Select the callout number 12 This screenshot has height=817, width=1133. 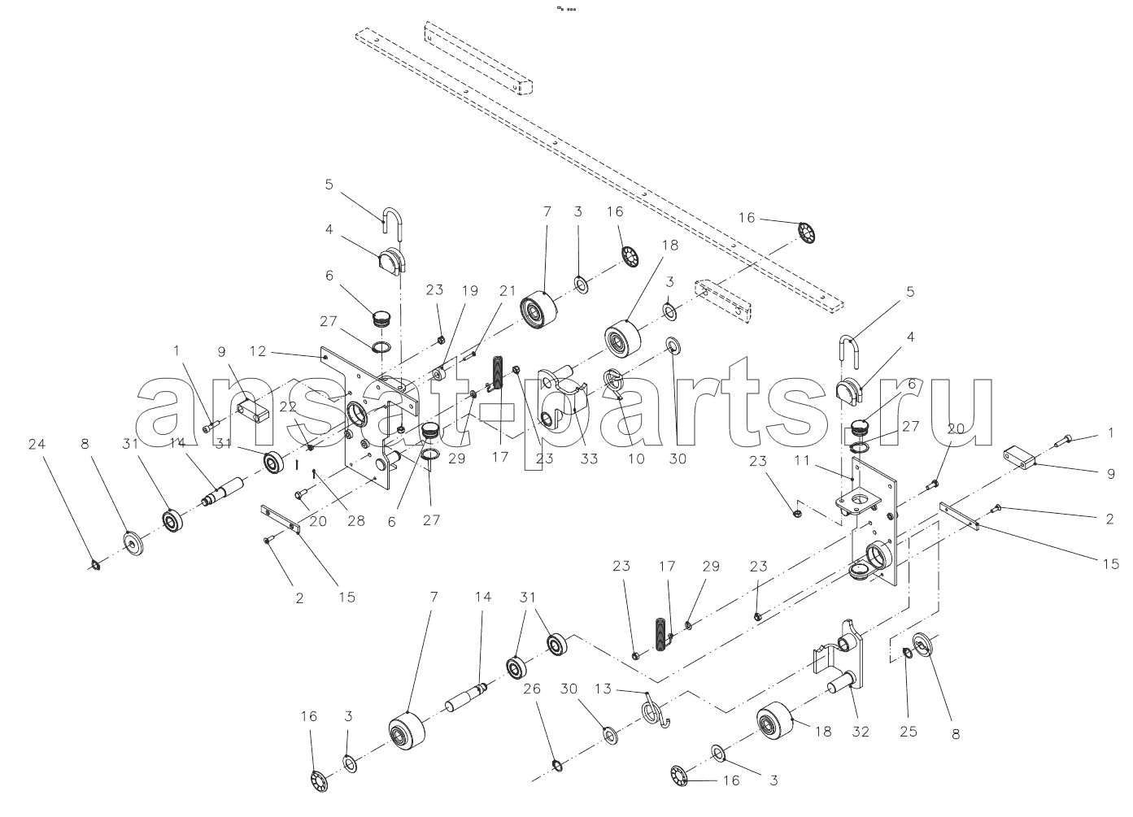click(258, 351)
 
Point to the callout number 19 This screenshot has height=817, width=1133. click(471, 290)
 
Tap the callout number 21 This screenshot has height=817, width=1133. click(508, 290)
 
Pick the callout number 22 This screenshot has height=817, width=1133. click(289, 406)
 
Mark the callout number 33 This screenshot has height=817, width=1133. click(589, 458)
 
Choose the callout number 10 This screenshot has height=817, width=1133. click(636, 458)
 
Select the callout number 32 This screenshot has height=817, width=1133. click(861, 731)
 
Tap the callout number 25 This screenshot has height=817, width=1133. click(909, 731)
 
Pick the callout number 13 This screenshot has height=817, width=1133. click(624, 689)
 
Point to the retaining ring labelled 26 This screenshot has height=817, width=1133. click(557, 764)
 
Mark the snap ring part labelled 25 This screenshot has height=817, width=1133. click(906, 651)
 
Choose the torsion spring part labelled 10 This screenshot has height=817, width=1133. click(615, 381)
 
